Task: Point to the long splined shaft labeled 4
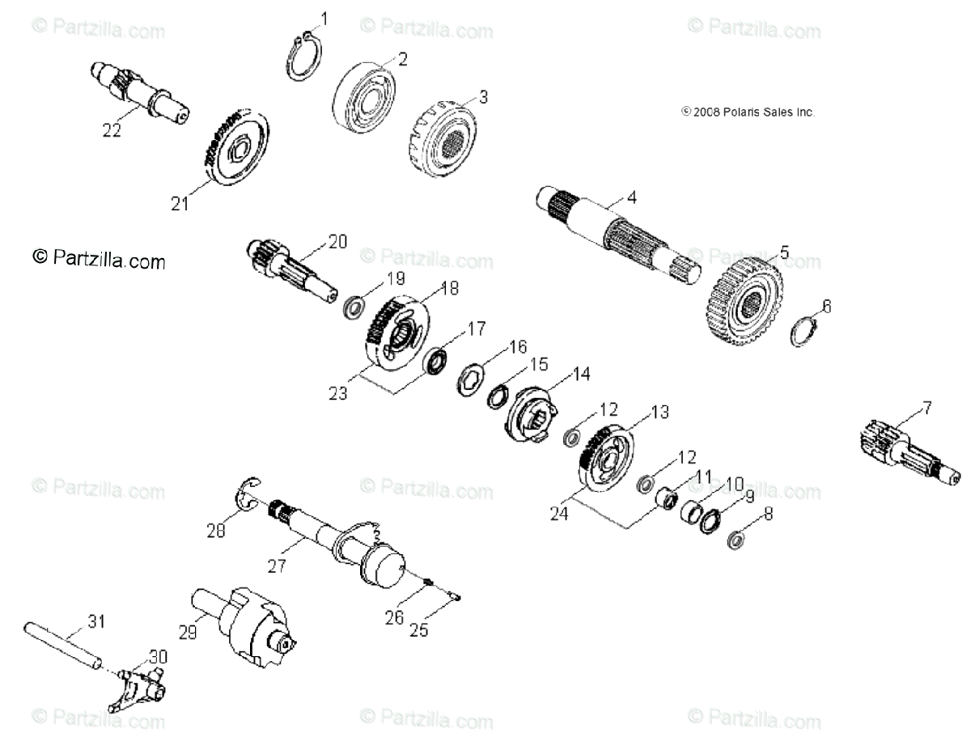[x=615, y=234]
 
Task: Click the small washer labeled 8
[x=735, y=540]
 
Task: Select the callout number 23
[x=337, y=393]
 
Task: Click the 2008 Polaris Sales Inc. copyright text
[x=748, y=112]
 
